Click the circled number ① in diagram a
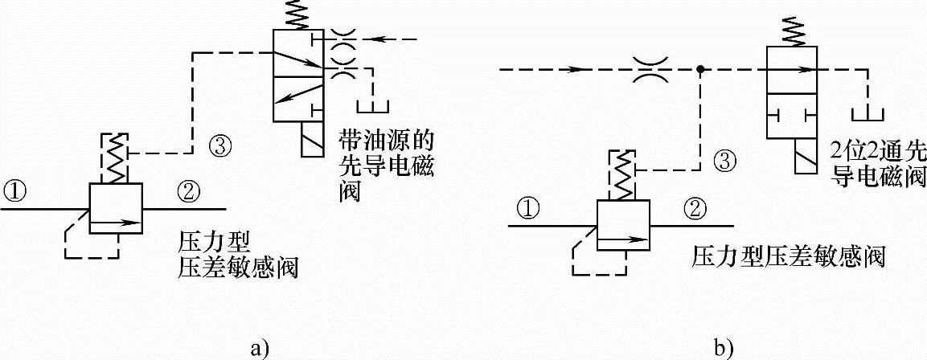coord(16,191)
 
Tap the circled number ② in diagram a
coord(187,191)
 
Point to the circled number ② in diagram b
coord(694,209)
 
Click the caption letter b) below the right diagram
coord(722,348)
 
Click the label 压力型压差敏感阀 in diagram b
coord(788,258)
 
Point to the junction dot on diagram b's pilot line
coord(701,70)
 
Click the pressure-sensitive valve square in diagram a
coord(115,208)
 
